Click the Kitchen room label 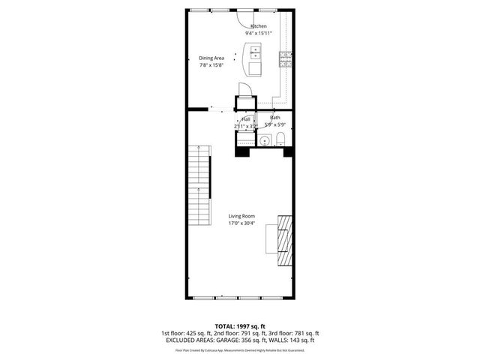(x=258, y=26)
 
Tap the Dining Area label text (x=211, y=58)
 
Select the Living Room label (x=241, y=215)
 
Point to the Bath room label (x=275, y=117)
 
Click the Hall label (x=245, y=118)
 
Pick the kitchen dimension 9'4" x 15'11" (x=258, y=34)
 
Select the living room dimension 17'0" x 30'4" (x=241, y=223)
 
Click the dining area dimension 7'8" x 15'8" (x=211, y=65)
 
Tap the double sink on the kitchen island (x=254, y=52)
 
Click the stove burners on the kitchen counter (x=285, y=58)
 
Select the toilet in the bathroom (x=280, y=138)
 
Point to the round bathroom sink (x=265, y=140)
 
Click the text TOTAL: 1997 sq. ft (x=240, y=326)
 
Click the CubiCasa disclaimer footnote (x=240, y=349)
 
